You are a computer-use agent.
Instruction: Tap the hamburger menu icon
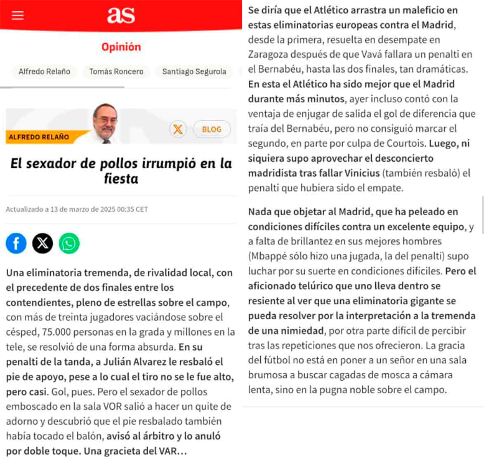[18, 15]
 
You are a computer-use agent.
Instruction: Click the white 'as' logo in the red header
[121, 15]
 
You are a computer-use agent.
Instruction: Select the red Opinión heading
[121, 47]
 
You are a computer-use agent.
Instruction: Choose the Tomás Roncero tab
[116, 71]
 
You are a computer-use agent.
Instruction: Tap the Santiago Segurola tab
[194, 71]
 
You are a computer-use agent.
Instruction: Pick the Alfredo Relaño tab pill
[44, 71]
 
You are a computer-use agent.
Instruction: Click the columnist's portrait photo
[106, 123]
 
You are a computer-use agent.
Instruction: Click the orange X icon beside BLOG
[178, 129]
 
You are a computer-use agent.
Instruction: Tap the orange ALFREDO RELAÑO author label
[39, 137]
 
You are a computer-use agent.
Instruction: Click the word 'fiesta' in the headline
[121, 179]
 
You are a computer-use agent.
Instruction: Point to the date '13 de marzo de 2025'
[82, 209]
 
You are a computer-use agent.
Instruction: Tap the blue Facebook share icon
[16, 243]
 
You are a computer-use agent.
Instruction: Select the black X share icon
[42, 243]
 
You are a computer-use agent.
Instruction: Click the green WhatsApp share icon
[69, 243]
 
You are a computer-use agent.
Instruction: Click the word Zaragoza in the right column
[267, 54]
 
